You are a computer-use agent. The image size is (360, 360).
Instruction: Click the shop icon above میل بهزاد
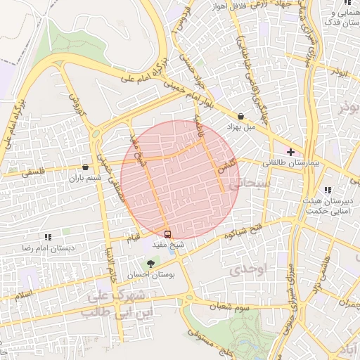click(241, 117)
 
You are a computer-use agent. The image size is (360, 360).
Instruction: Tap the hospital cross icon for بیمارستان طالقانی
click(290, 152)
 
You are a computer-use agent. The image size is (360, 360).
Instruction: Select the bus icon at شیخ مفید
click(167, 233)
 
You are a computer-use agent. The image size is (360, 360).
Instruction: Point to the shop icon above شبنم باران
click(86, 167)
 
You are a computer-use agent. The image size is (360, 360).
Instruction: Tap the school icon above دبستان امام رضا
click(48, 238)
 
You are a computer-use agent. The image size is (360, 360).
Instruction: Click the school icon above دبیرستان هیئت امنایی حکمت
click(328, 190)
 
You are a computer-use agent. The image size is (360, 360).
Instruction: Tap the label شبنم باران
click(86, 179)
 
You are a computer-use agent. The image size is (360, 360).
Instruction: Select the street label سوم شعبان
click(234, 308)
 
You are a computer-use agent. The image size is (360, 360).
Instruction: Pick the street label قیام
click(133, 238)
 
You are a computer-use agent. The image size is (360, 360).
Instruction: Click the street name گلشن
click(224, 168)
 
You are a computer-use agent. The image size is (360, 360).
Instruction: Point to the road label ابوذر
click(340, 72)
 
